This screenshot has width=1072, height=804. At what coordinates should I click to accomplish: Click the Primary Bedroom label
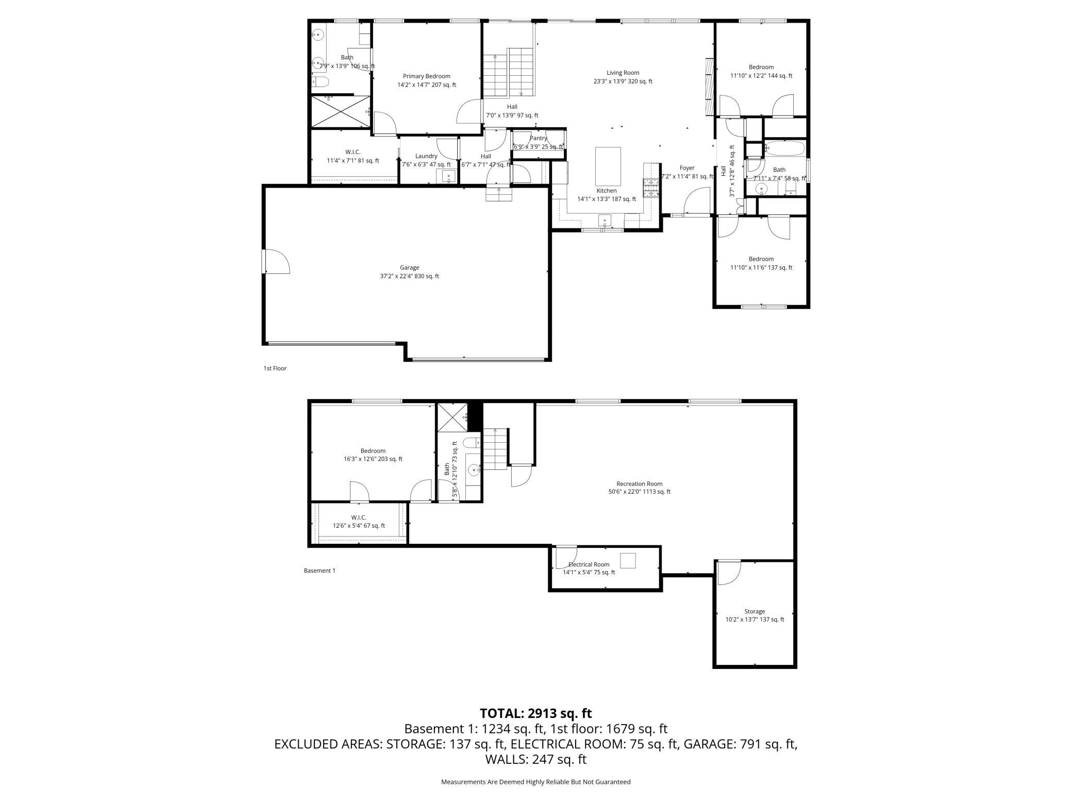(x=427, y=76)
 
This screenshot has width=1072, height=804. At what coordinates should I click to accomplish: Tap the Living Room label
(x=623, y=73)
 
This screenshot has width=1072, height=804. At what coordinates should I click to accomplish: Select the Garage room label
(x=409, y=267)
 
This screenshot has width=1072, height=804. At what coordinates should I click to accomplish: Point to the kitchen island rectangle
(x=608, y=166)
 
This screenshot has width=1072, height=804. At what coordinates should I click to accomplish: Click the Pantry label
(x=538, y=138)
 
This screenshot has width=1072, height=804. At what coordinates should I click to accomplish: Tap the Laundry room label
(x=426, y=156)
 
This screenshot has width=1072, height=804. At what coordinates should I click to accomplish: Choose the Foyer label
(x=687, y=168)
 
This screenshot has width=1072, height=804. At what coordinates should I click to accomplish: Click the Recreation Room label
(x=639, y=483)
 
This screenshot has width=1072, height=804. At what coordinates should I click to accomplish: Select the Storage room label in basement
(x=755, y=611)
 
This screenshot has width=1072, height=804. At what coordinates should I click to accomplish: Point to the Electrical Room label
(x=589, y=564)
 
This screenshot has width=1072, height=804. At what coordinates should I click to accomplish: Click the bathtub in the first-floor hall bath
(x=784, y=148)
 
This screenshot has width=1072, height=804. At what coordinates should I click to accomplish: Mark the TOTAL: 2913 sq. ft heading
(x=535, y=713)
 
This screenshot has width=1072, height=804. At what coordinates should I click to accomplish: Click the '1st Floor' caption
(x=275, y=368)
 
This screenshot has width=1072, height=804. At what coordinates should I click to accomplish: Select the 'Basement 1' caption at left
(x=320, y=571)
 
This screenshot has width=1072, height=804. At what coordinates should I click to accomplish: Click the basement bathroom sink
(x=474, y=471)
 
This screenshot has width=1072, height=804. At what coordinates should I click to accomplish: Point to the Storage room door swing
(x=729, y=573)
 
